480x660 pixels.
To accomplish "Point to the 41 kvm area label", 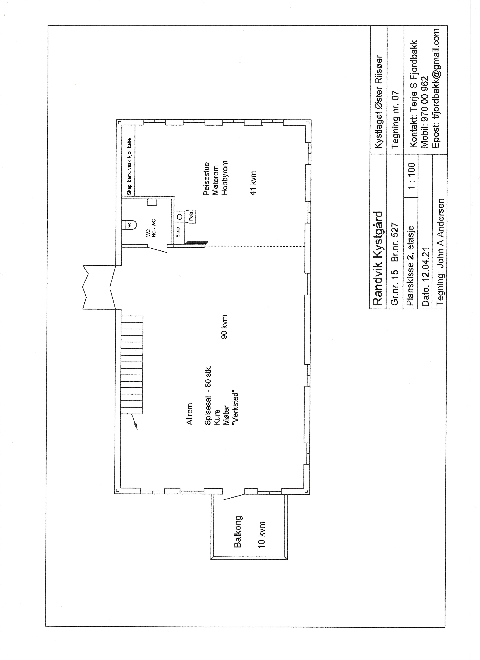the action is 253,183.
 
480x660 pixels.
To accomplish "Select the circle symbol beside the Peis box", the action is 180,217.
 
